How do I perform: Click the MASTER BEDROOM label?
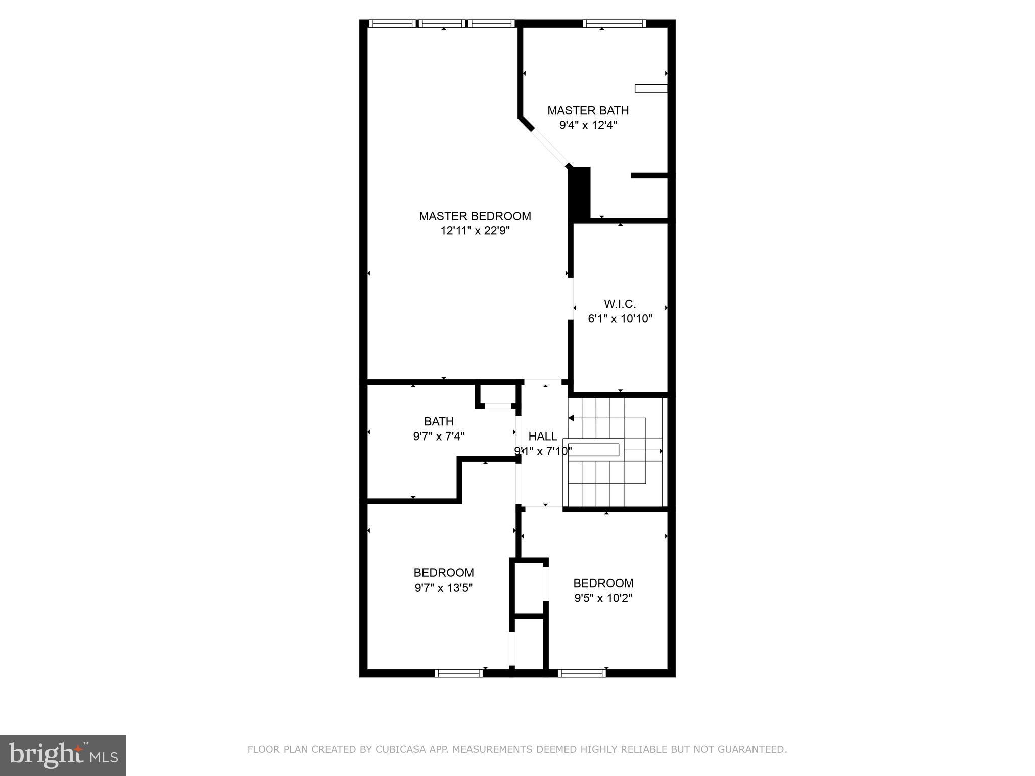[x=475, y=216]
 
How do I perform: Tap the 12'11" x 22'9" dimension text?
[x=475, y=231]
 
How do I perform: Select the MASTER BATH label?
[x=588, y=110]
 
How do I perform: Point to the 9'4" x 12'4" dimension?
[x=588, y=125]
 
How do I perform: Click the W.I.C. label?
[x=620, y=304]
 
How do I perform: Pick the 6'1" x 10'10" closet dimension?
[x=620, y=319]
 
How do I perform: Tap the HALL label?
[x=542, y=436]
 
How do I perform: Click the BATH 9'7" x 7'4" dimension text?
[x=438, y=436]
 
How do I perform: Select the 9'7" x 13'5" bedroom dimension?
[x=443, y=588]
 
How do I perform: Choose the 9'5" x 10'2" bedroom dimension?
[x=603, y=598]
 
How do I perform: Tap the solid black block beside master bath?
[x=580, y=192]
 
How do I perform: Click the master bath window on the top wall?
[x=614, y=23]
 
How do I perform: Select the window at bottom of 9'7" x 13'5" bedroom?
[x=458, y=672]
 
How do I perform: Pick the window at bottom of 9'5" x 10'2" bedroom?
[x=582, y=672]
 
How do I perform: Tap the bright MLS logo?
[x=63, y=755]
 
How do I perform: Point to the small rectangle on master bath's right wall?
[x=650, y=88]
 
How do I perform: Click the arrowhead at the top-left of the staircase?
[x=571, y=418]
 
